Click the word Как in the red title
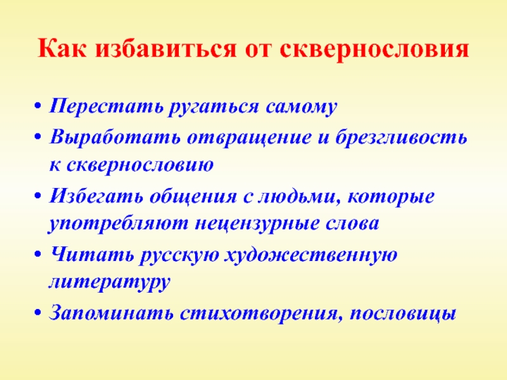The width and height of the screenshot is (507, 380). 62,49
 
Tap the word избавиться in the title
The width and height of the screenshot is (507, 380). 166,49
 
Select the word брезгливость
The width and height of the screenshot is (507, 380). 401,137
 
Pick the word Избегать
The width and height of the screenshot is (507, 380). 96,195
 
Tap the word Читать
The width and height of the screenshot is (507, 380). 93,254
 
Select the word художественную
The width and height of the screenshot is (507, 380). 311,255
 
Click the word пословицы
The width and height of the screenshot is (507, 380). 403,313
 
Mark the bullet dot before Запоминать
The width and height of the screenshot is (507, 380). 38,313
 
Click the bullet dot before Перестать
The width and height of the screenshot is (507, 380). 38,106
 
